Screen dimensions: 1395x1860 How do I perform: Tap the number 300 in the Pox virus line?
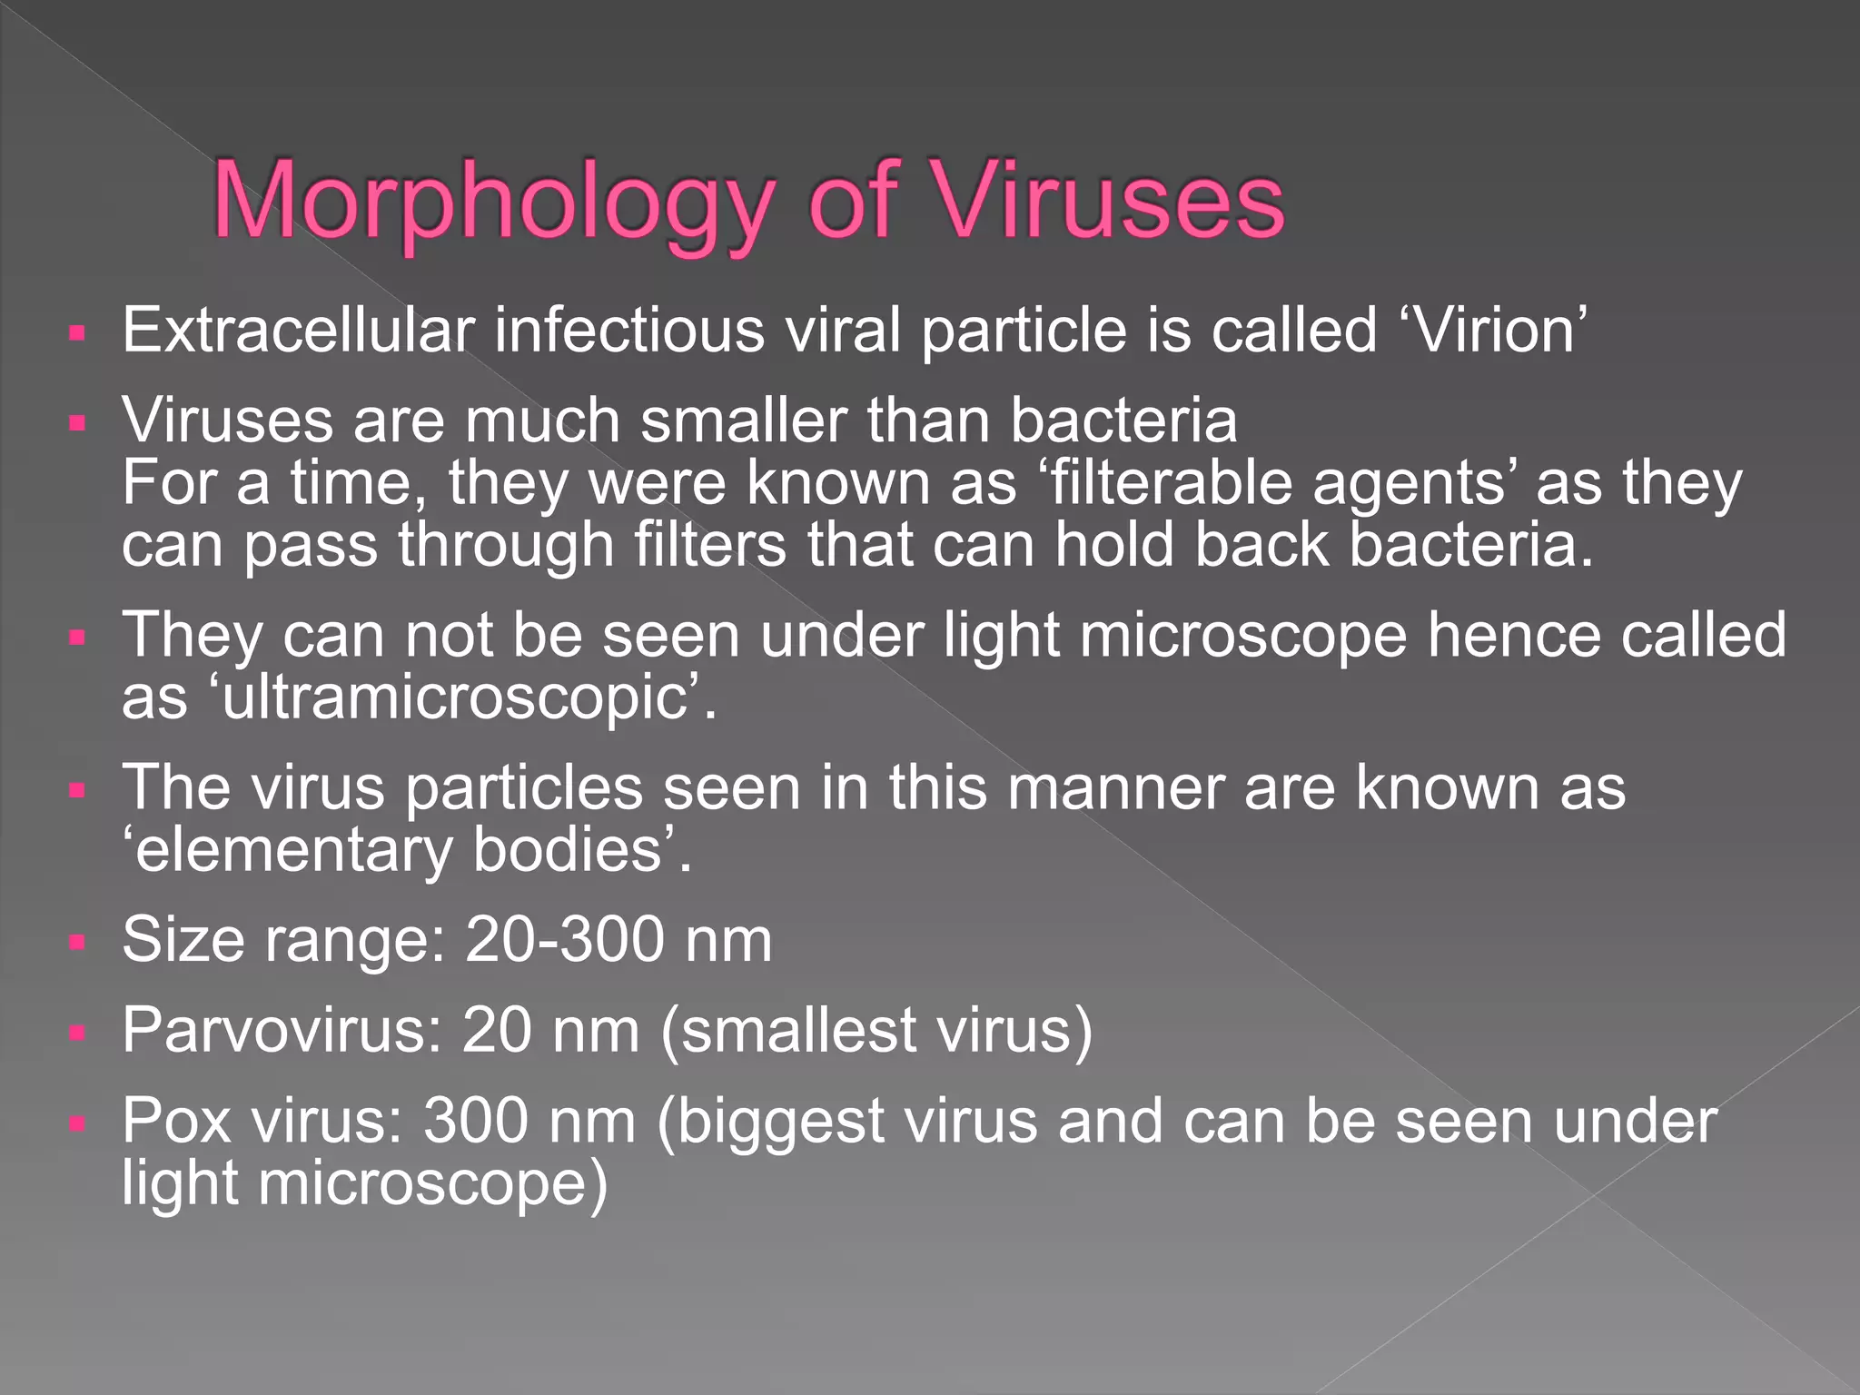click(477, 1121)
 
